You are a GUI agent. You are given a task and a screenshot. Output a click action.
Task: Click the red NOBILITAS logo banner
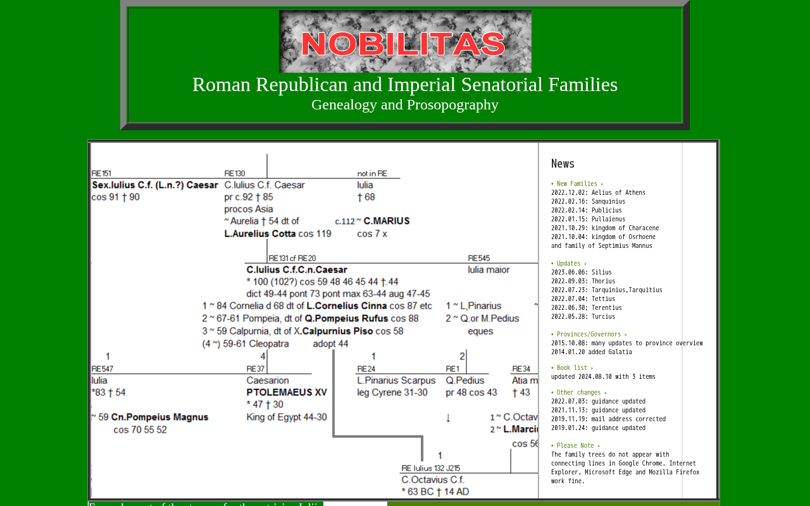tap(405, 42)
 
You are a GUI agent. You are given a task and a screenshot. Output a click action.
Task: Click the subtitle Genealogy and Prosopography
tap(405, 105)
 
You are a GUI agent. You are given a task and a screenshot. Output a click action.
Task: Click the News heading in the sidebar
tap(563, 164)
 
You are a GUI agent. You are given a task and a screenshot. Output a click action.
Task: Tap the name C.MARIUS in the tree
tap(387, 221)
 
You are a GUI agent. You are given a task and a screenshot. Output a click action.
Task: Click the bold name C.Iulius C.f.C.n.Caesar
tap(297, 270)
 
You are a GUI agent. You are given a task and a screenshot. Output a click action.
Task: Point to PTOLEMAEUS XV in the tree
tap(287, 393)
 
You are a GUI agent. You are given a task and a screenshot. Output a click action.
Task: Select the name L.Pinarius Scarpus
tap(396, 381)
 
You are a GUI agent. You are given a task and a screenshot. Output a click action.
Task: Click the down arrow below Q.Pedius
tap(448, 418)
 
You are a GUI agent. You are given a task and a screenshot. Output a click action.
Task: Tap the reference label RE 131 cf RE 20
tap(292, 258)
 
